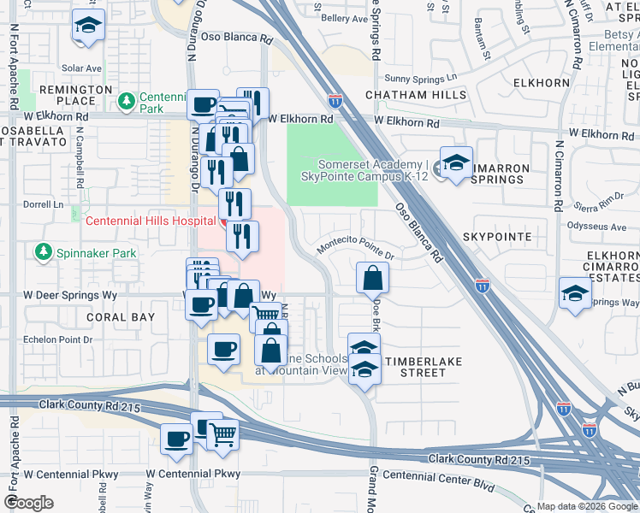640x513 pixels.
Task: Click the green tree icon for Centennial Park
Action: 127,102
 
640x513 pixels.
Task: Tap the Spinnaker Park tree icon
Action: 42,252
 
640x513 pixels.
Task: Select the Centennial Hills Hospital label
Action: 150,221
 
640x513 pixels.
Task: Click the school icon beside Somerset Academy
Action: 456,164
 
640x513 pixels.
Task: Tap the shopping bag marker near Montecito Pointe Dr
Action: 373,278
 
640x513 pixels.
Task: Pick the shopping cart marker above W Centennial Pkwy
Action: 223,434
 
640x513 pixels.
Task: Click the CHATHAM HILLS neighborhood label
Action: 415,94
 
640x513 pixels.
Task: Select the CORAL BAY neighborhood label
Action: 121,316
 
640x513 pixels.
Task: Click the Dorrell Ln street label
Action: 44,205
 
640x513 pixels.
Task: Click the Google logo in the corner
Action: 29,503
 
